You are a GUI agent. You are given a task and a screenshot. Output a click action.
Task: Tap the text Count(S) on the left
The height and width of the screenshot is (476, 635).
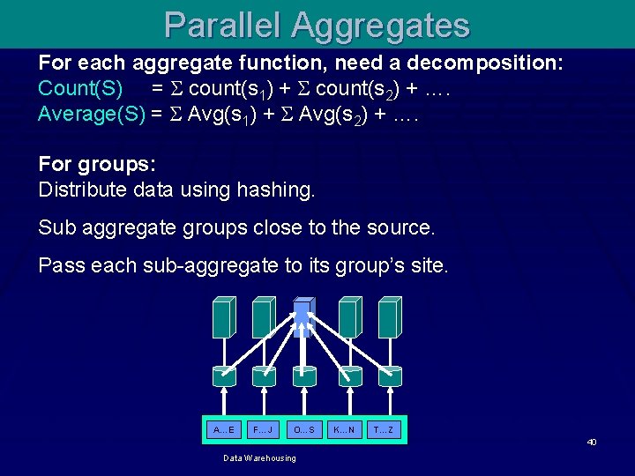pos(80,89)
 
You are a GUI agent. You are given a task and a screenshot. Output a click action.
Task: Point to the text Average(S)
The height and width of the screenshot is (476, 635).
pos(92,114)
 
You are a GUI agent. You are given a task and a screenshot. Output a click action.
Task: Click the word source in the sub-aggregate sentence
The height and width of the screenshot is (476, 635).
pos(400,227)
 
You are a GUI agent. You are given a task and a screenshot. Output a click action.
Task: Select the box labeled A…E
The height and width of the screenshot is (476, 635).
pos(223,429)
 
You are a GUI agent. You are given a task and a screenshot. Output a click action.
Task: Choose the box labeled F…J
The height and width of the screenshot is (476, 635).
pos(264,429)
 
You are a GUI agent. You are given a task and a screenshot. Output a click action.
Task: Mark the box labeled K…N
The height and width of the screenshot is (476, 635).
pos(344,429)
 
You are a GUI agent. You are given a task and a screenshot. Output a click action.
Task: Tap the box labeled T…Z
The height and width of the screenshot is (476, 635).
pos(385,429)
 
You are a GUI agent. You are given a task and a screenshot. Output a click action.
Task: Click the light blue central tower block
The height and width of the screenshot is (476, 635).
pos(303,318)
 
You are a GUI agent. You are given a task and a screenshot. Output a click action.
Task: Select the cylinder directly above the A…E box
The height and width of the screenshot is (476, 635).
pos(224,376)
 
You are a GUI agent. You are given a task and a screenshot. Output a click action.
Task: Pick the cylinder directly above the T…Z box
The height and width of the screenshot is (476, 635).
pos(387,376)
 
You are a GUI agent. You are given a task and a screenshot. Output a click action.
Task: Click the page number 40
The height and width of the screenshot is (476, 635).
pos(593,442)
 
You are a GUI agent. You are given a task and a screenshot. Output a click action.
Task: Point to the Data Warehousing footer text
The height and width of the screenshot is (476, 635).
pos(259,458)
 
